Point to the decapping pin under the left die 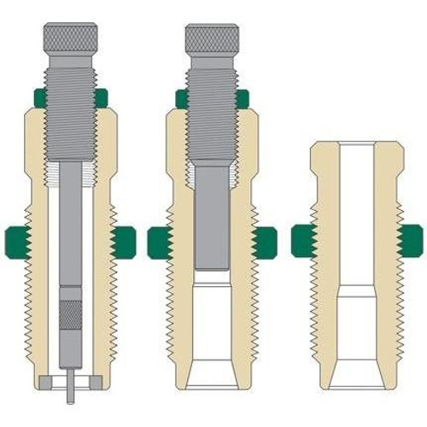(x=68, y=392)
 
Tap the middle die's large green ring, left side (x=160, y=243)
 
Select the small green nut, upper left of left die (x=38, y=97)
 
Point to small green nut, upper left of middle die (x=181, y=99)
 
